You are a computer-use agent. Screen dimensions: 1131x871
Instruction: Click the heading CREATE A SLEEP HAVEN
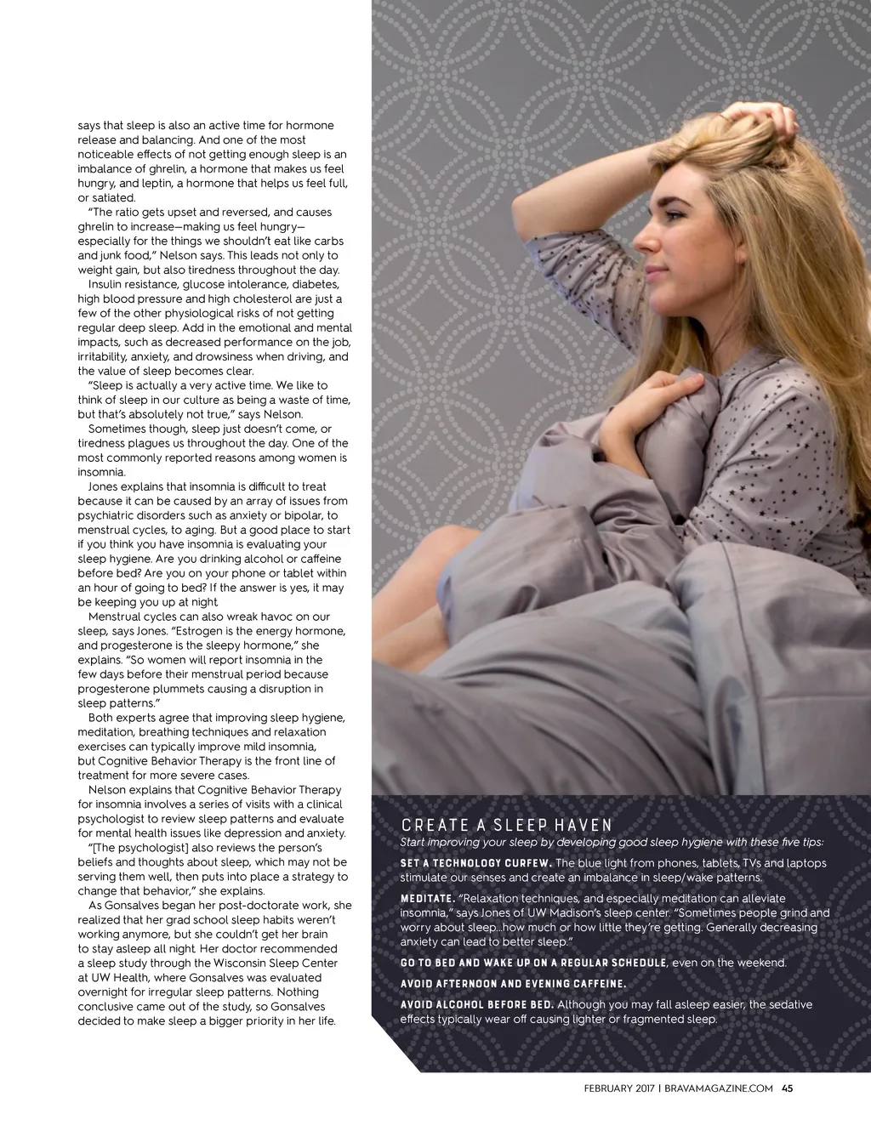pyautogui.click(x=506, y=825)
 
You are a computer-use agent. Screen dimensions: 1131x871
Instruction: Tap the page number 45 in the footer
pyautogui.click(x=787, y=1088)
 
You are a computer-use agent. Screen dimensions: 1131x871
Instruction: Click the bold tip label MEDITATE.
pyautogui.click(x=427, y=899)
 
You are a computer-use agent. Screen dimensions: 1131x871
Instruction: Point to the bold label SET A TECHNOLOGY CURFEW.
pyautogui.click(x=475, y=863)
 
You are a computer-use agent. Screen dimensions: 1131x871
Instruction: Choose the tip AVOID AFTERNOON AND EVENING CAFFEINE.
pyautogui.click(x=513, y=984)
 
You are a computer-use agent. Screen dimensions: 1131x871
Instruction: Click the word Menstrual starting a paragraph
pyautogui.click(x=116, y=617)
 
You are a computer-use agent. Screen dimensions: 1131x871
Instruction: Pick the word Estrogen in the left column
pyautogui.click(x=200, y=631)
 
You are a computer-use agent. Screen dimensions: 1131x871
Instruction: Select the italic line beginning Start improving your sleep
pyautogui.click(x=612, y=843)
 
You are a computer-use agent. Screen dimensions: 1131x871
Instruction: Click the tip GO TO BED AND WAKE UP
pyautogui.click(x=533, y=963)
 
